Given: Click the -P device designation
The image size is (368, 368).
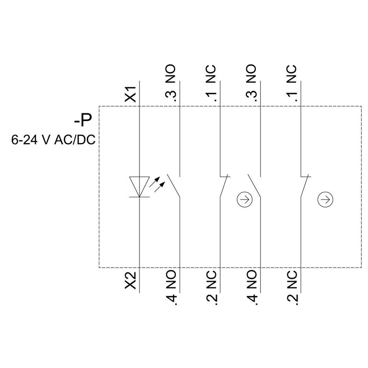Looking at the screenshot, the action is [83, 120].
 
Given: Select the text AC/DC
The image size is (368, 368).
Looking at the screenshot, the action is [75, 140].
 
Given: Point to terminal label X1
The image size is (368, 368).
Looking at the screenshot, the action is [130, 94].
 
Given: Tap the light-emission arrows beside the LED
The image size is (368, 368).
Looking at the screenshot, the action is [157, 185].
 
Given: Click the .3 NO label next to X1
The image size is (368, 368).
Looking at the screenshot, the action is [171, 83].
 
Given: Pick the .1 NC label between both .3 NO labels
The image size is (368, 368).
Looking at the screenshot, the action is [211, 83].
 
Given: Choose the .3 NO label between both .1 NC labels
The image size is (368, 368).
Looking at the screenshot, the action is [251, 83].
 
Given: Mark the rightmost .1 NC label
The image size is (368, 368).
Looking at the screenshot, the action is [292, 83].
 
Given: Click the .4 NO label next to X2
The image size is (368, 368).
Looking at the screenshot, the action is [171, 288].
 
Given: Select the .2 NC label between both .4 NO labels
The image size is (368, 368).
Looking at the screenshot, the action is [211, 288].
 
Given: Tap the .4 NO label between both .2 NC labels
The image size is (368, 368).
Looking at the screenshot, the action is [251, 288].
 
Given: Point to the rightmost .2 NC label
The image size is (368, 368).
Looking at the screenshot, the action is [292, 288].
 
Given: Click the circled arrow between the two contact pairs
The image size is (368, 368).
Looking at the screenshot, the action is [245, 200].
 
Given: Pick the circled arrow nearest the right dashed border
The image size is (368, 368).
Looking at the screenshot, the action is [325, 200].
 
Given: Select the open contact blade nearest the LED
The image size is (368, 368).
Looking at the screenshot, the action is [173, 186].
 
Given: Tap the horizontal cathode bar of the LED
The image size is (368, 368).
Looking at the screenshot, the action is [139, 197].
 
